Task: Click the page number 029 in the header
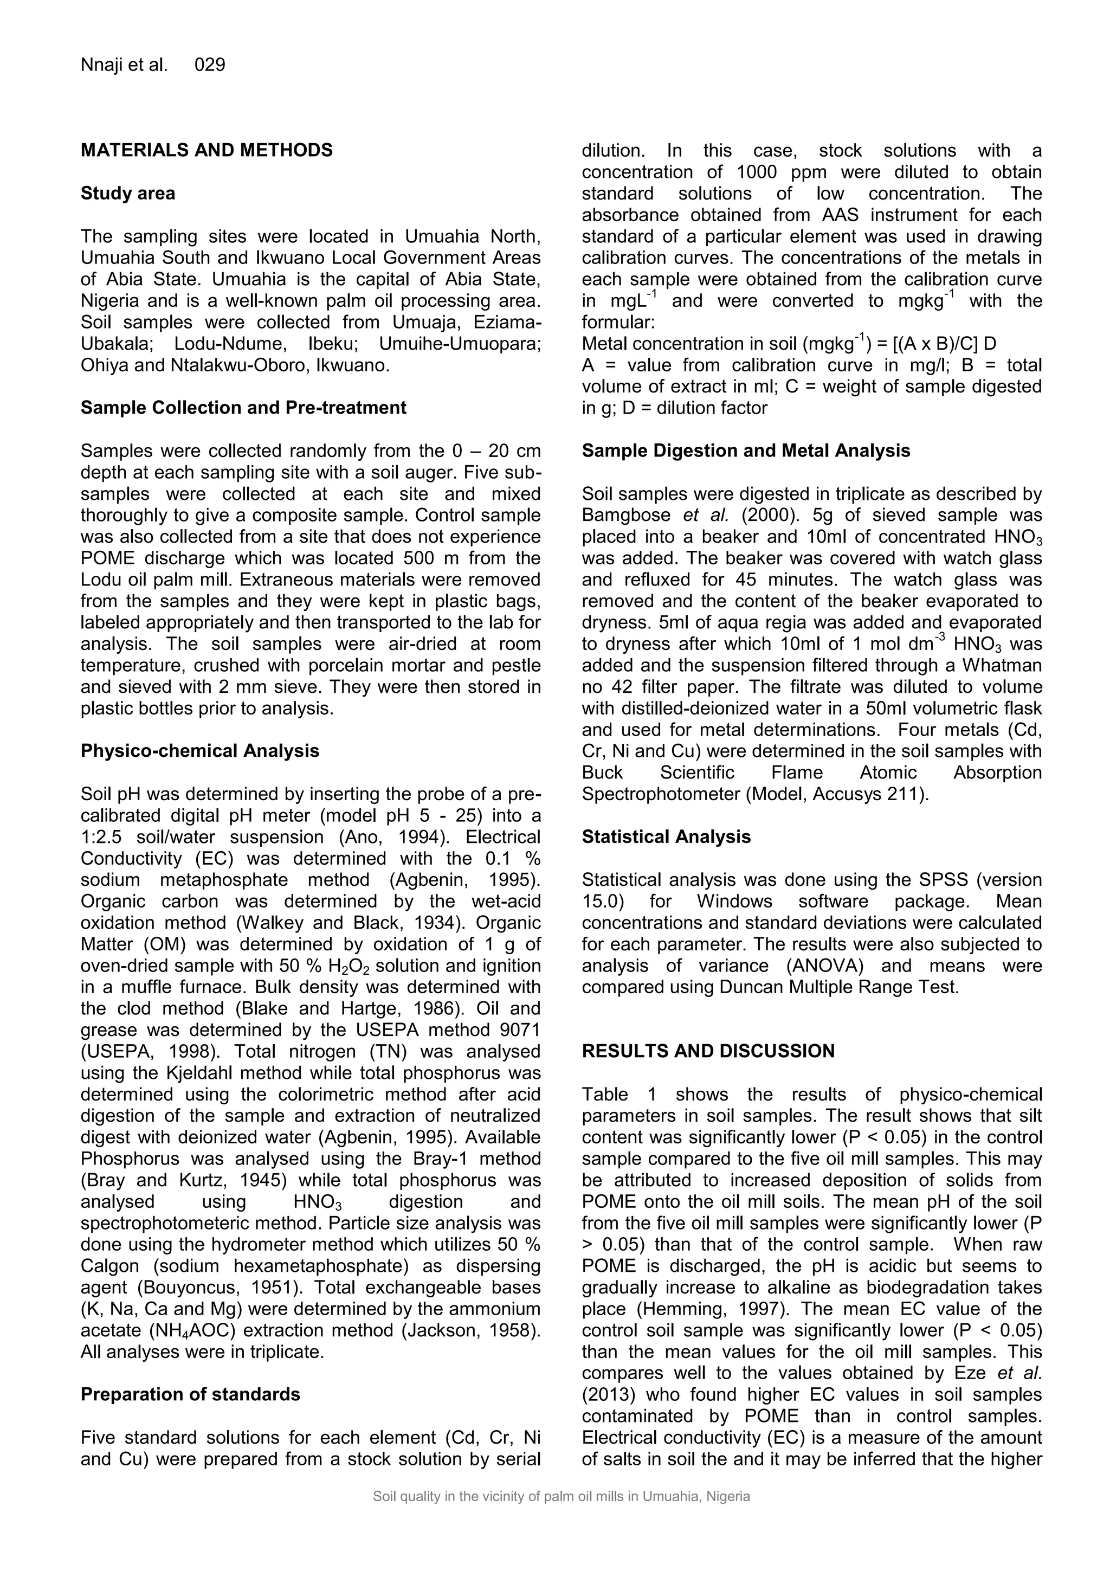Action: [210, 65]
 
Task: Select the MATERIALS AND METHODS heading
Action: [206, 150]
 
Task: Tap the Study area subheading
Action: [128, 194]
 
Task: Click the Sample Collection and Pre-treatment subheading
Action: [243, 408]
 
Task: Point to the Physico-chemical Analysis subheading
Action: [199, 751]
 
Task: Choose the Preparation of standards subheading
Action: [190, 1394]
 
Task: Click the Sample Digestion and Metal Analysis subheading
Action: [746, 451]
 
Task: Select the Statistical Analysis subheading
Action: [666, 837]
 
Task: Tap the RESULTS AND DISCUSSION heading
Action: [708, 1051]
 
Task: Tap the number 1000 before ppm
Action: [757, 172]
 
